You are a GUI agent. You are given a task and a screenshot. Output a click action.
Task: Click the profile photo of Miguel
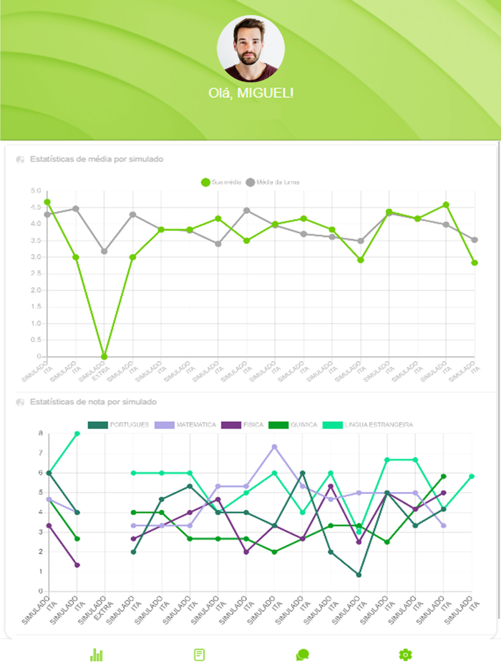click(250, 49)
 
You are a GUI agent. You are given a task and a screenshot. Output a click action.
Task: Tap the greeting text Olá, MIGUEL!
click(250, 93)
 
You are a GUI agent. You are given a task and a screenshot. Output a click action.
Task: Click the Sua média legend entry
click(221, 182)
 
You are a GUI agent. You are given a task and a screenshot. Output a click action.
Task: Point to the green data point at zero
click(104, 356)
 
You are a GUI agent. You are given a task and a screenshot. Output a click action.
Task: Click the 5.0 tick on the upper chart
click(36, 191)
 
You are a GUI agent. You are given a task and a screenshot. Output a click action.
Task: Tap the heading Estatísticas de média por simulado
click(97, 159)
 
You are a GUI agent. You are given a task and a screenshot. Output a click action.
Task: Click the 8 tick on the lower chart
click(40, 433)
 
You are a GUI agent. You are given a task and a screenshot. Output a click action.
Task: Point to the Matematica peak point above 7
click(274, 447)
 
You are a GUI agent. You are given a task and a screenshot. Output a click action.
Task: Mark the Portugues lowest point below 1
click(359, 575)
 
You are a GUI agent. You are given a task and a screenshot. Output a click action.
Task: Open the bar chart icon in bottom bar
click(97, 654)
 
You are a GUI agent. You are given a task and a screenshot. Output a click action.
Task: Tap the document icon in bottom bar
click(200, 654)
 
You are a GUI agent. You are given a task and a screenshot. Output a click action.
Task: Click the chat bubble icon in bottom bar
click(302, 654)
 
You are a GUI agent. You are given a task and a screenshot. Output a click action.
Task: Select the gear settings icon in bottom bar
click(405, 654)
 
